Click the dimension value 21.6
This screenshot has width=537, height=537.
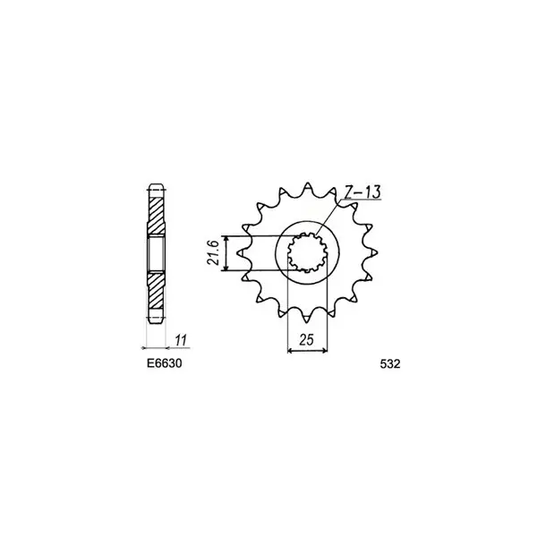pos(213,252)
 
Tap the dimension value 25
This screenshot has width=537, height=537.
pos(306,340)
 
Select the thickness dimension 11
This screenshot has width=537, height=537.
pos(181,341)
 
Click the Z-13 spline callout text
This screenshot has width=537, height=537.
pos(362,192)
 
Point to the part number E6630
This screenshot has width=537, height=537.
pos(165,363)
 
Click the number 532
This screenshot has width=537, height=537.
pos(390,363)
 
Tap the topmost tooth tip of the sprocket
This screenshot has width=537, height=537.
pos(308,183)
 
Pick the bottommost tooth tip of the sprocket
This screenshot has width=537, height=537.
pos(307,323)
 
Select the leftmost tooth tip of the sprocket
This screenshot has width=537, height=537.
pos(238,253)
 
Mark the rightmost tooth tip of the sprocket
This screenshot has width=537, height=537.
pos(377,252)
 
